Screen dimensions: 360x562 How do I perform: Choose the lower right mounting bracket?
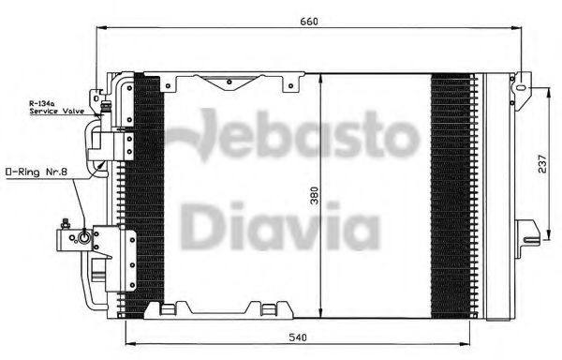pyautogui.click(x=528, y=230)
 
